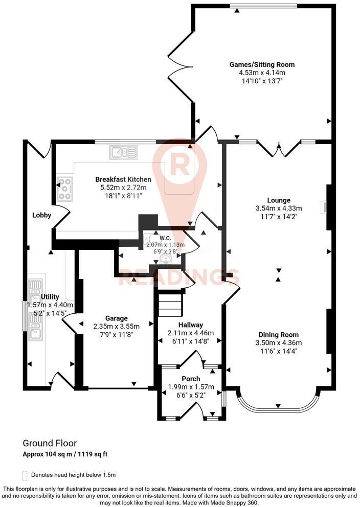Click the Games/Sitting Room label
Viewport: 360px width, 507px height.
coord(262,65)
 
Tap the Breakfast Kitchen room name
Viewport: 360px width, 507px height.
coord(123,179)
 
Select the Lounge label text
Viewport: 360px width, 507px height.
coord(279,200)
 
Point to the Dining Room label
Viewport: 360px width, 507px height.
coord(279,334)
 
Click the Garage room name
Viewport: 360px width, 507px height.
coord(117,318)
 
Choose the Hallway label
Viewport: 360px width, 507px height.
coord(191,325)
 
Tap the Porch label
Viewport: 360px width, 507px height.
coord(191,379)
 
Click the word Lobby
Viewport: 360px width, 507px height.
coord(41,215)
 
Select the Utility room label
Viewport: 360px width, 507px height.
coord(50,297)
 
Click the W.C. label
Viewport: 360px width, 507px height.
coord(165,237)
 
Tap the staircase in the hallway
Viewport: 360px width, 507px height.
coord(170,305)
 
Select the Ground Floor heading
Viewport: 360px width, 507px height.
coord(50,443)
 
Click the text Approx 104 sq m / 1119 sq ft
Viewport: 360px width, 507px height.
coord(65,454)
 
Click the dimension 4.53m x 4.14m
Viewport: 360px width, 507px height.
coord(262,73)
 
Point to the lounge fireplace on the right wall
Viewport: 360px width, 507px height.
coord(324,206)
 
